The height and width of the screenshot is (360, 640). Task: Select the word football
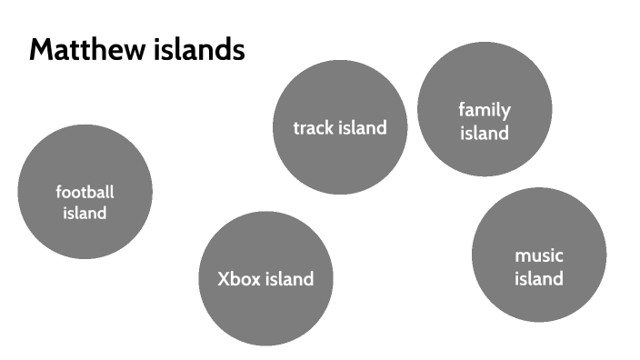click(x=85, y=192)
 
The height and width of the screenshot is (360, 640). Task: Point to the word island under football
click(x=85, y=214)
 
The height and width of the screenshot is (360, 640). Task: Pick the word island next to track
click(x=363, y=127)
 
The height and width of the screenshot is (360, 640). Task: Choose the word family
click(x=485, y=110)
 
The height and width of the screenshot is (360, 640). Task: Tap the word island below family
click(x=485, y=133)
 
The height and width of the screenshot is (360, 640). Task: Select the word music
click(x=539, y=255)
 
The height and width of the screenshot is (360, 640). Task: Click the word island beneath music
click(x=539, y=278)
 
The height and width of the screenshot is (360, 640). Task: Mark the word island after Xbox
click(x=289, y=279)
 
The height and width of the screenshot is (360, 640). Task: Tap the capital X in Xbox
click(x=224, y=279)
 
